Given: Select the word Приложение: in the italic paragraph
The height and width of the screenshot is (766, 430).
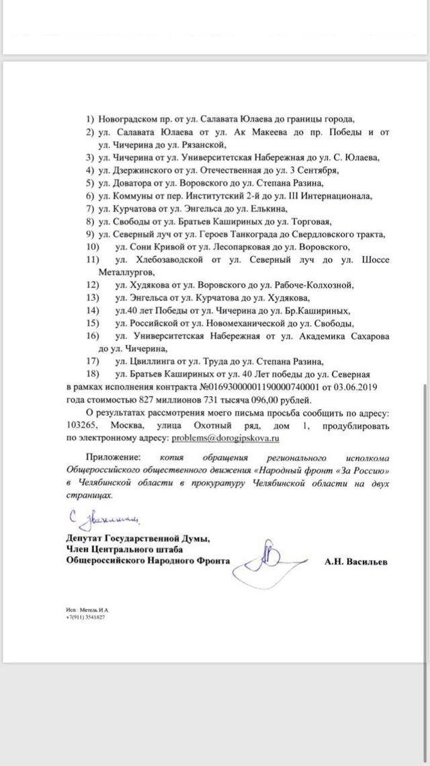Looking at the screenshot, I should coord(111,457).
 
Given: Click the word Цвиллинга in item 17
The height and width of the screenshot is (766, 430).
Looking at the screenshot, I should coord(153,361).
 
